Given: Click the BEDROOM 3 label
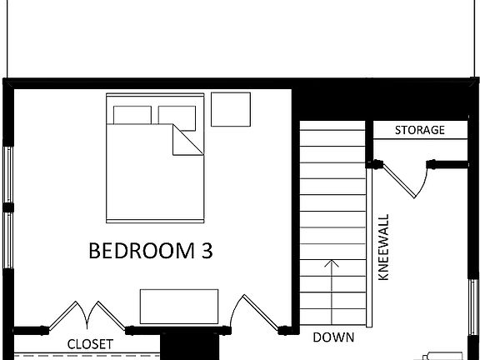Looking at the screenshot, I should [150, 251].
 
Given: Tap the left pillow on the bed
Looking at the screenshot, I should [132, 115].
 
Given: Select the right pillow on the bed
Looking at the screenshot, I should [176, 114].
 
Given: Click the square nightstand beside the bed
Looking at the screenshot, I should [231, 109].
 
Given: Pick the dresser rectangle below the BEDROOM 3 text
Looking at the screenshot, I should [179, 306].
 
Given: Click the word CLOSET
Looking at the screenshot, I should [90, 344].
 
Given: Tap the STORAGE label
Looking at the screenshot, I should [419, 131].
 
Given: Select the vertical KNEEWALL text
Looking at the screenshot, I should [384, 249].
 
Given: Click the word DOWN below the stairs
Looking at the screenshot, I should [333, 337].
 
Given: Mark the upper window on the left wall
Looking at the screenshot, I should [7, 174].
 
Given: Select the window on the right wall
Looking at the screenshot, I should [473, 304].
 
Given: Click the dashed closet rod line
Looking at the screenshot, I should [83, 355].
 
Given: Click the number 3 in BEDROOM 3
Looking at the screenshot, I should [206, 251].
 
